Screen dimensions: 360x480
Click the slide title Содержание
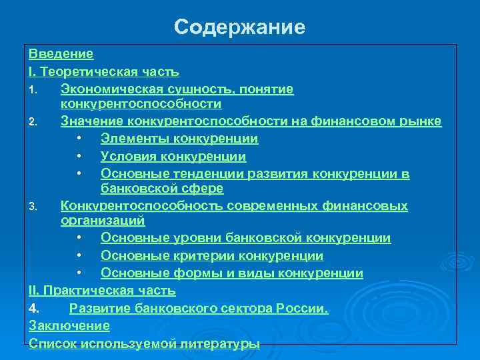pos(240,27)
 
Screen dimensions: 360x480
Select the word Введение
pos(61,53)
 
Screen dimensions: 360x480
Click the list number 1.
pos(35,89)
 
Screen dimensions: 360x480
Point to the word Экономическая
pos(108,88)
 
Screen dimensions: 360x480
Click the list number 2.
pos(35,122)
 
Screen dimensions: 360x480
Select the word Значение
pos(89,121)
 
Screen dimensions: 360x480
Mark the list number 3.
pos(35,207)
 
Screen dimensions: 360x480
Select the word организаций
pos(103,220)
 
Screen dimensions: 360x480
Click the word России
pos(305,308)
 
